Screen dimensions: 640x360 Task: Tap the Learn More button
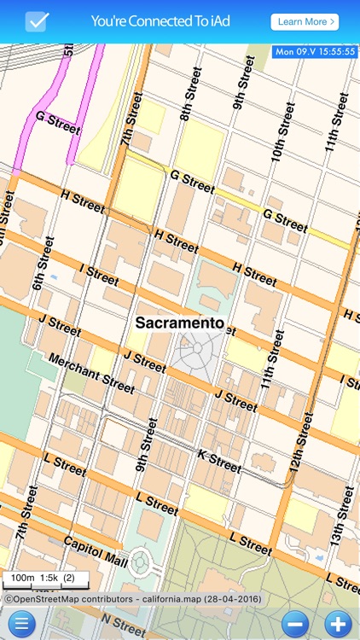[305, 21]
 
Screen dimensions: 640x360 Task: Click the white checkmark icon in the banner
[37, 21]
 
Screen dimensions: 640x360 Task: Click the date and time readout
[315, 52]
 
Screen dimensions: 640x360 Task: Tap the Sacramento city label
[179, 323]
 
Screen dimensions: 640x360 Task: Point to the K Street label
[219, 461]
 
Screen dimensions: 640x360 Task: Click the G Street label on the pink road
[57, 122]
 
